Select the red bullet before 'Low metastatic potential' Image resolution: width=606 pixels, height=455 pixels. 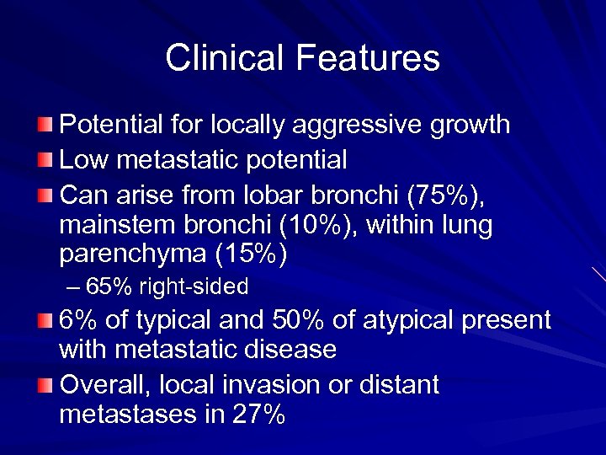click(x=45, y=160)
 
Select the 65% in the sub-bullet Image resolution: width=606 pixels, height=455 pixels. click(x=109, y=287)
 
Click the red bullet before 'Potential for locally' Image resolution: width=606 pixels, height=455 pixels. click(x=45, y=126)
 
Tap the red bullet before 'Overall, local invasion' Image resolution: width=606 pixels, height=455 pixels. click(x=45, y=386)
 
